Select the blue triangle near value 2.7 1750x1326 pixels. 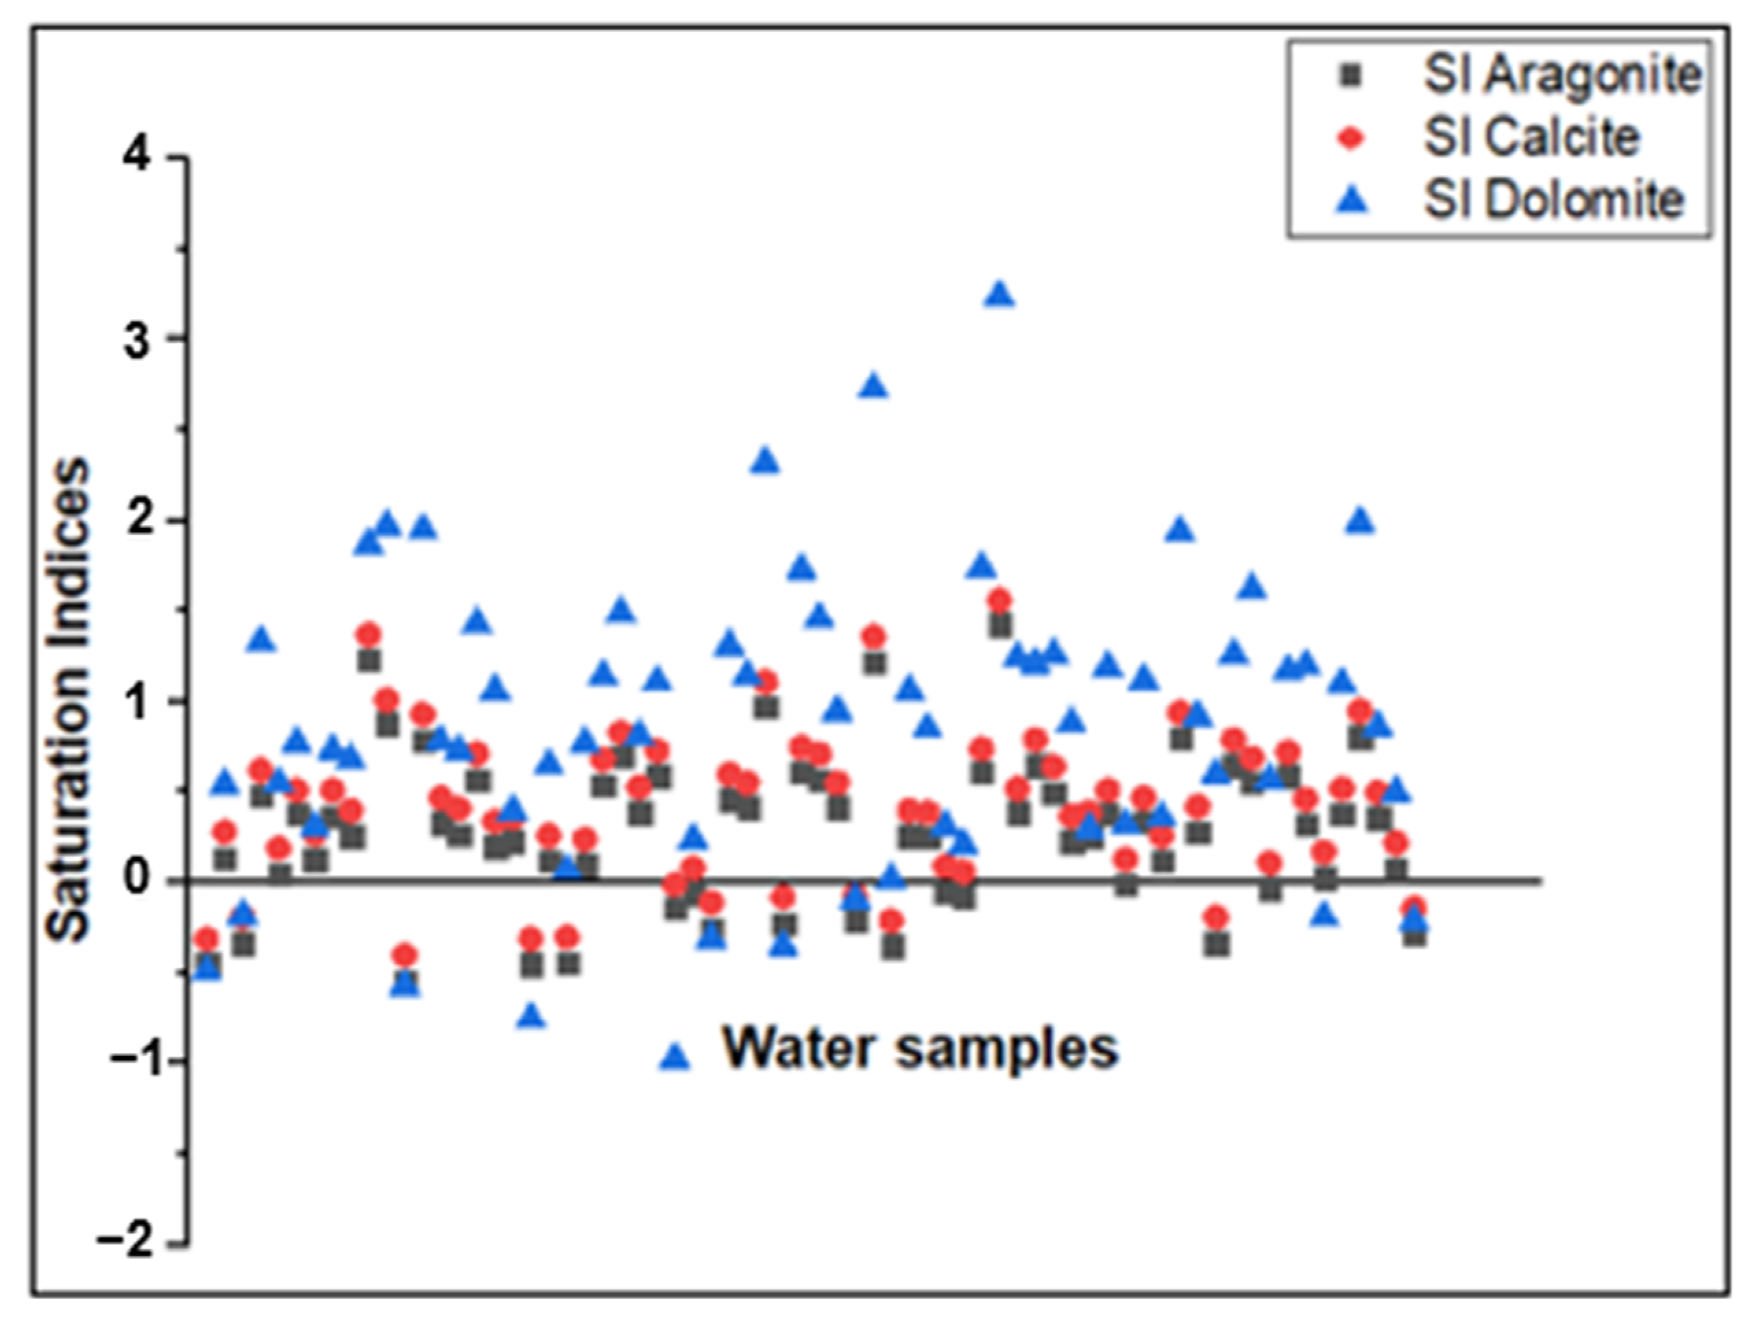pyautogui.click(x=874, y=386)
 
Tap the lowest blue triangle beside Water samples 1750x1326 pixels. pyautogui.click(x=675, y=1057)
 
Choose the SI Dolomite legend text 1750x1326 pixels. pyautogui.click(x=1553, y=200)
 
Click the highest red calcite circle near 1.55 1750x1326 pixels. pyautogui.click(x=1000, y=600)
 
